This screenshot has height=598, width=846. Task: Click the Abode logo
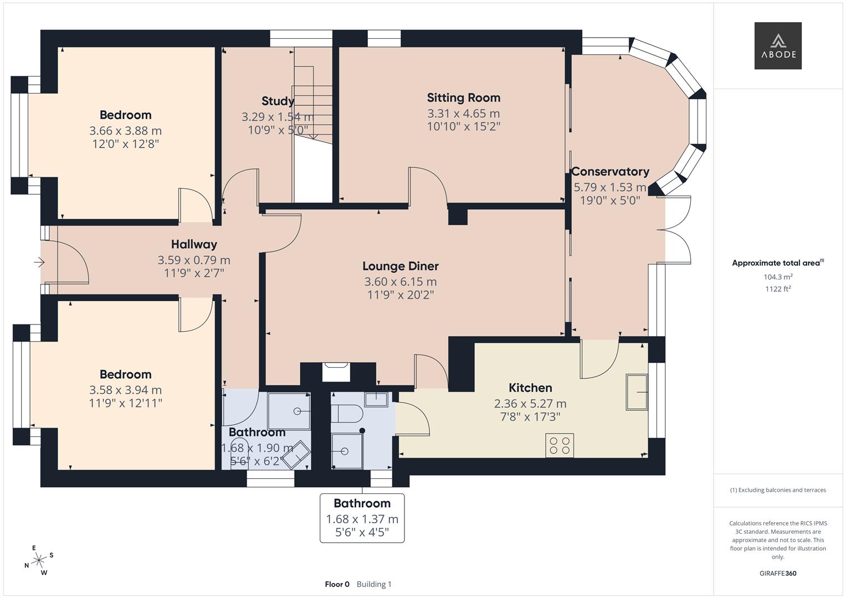tap(777, 45)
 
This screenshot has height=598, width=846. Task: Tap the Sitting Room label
tap(463, 98)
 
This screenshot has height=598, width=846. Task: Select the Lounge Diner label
tap(400, 266)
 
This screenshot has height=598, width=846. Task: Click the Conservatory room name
tap(610, 172)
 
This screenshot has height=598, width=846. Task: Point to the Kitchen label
tap(530, 388)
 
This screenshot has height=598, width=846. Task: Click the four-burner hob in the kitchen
tap(560, 446)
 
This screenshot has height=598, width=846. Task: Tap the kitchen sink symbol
tap(637, 392)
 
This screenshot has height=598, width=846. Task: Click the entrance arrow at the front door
tap(39, 262)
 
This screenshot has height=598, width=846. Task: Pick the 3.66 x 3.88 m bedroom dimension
tap(125, 131)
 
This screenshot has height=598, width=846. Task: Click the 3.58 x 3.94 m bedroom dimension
tap(125, 390)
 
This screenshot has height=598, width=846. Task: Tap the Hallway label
tap(194, 244)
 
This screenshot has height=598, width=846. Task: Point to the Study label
tap(278, 101)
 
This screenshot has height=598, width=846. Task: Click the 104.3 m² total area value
tap(777, 277)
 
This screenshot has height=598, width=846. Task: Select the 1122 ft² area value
tap(777, 288)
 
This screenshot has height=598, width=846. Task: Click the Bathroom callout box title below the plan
tap(362, 504)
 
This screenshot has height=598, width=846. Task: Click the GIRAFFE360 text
tap(777, 573)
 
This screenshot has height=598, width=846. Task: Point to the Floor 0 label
tap(337, 584)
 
